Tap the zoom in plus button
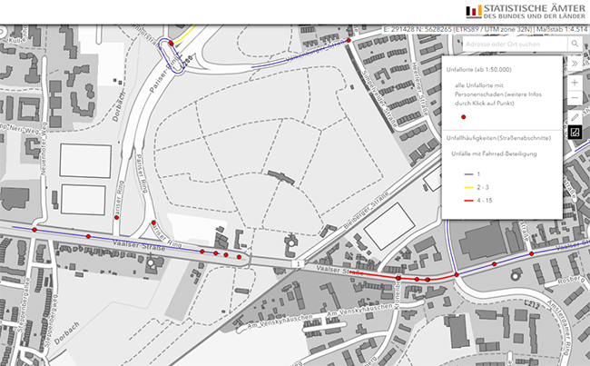pos(575,82)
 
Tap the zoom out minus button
pos(575,97)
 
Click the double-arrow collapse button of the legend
pos(574,64)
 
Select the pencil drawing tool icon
pos(575,118)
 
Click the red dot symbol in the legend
pos(463,117)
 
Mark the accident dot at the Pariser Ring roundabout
pos(171,44)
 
